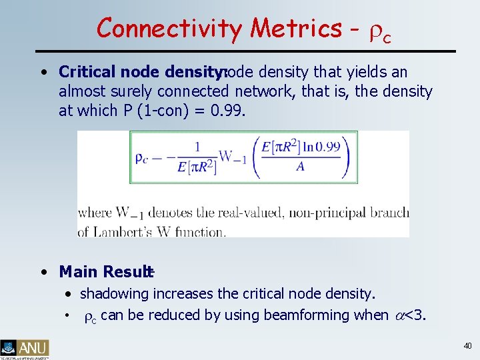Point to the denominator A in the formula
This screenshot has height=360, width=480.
pyautogui.click(x=300, y=167)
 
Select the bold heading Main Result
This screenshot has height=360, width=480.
pyautogui.click(x=105, y=272)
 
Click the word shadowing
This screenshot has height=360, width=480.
pyautogui.click(x=115, y=293)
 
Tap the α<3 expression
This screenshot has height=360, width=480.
pyautogui.click(x=408, y=315)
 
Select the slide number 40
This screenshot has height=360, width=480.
pyautogui.click(x=467, y=345)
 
